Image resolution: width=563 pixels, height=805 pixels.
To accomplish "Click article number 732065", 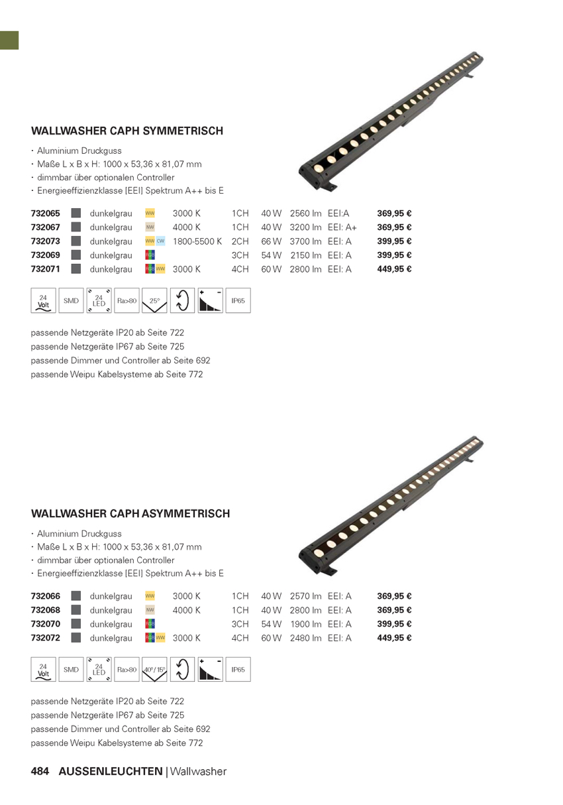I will [x=46, y=214].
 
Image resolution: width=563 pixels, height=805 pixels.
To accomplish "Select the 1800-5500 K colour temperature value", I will [x=197, y=241].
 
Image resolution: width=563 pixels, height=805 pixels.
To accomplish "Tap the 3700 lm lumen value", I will [x=305, y=241].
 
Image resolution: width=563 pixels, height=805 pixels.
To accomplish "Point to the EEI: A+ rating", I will [x=342, y=227].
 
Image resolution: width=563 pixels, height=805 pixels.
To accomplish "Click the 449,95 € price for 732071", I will [x=394, y=269].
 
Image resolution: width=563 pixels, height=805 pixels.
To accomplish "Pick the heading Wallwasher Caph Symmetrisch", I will [x=127, y=131].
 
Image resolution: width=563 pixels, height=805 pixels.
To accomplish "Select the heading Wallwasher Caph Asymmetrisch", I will [x=130, y=513].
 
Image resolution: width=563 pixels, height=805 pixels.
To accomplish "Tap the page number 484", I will [x=40, y=771].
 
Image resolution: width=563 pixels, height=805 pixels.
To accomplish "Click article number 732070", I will [x=46, y=624].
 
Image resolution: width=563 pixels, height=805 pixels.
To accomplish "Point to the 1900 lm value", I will [x=305, y=624].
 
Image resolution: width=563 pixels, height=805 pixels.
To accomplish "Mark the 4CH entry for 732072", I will [x=240, y=638].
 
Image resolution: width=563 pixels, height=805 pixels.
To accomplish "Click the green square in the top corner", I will [x=9, y=40].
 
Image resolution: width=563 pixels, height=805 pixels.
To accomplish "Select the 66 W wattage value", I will [x=272, y=241].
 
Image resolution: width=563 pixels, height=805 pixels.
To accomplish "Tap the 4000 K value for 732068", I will [x=187, y=610].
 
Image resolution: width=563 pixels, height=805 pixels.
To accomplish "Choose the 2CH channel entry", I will [x=240, y=241].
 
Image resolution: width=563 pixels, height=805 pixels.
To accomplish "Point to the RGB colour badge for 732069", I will [x=150, y=255].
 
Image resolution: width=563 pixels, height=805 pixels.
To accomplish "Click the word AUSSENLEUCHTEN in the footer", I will [x=111, y=771].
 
